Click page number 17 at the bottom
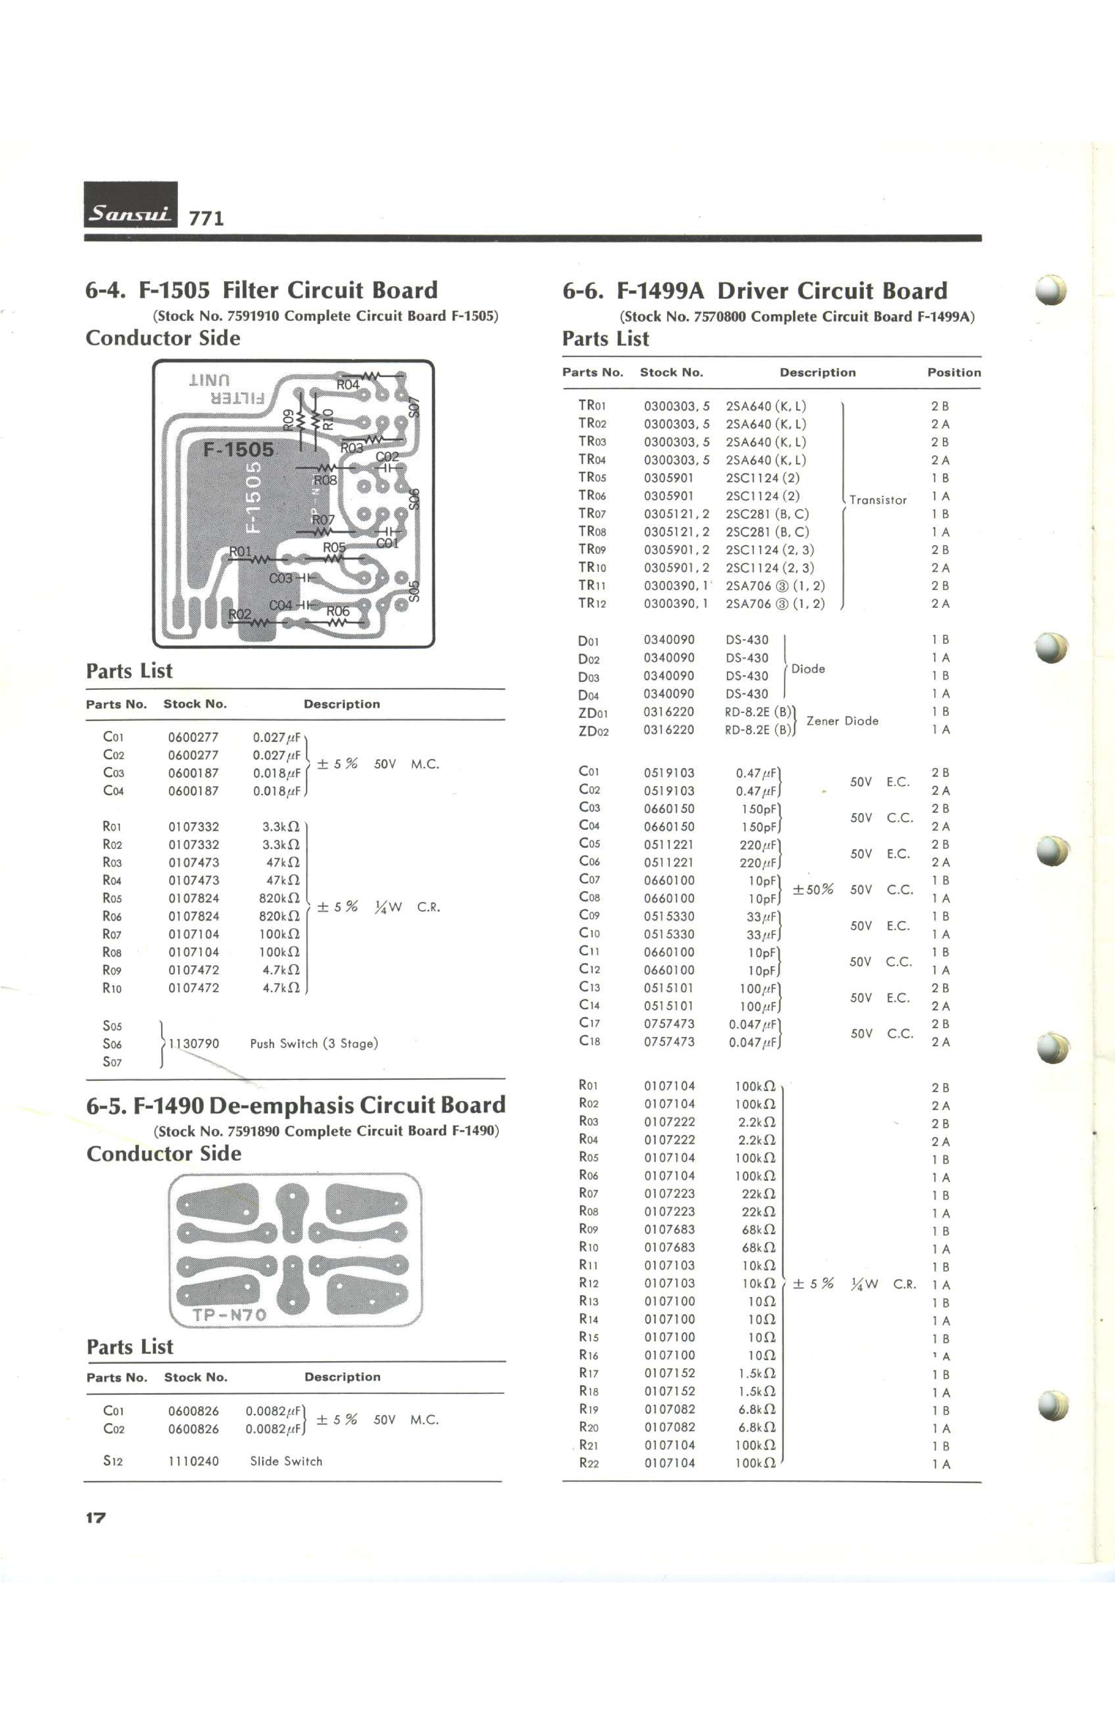pyautogui.click(x=96, y=1518)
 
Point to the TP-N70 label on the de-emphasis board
pyautogui.click(x=230, y=1315)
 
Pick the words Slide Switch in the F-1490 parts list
pyautogui.click(x=286, y=1461)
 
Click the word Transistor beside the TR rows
pyautogui.click(x=878, y=500)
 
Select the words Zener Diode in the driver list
pyautogui.click(x=842, y=721)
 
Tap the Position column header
pyautogui.click(x=954, y=372)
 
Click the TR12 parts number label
pyautogui.click(x=592, y=603)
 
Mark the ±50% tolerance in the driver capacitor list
pyautogui.click(x=812, y=890)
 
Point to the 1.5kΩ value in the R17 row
pyautogui.click(x=757, y=1373)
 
